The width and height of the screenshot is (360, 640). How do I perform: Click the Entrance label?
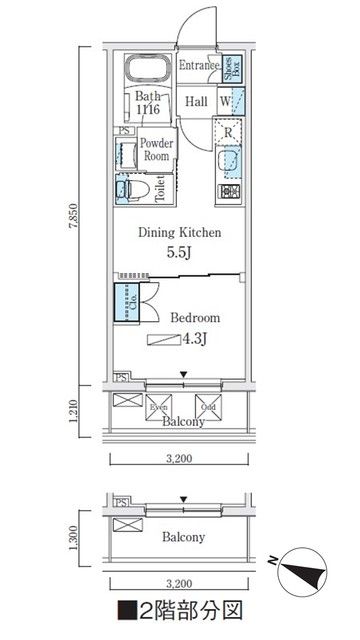coord(198,67)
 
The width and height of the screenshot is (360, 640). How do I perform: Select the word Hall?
coord(195,102)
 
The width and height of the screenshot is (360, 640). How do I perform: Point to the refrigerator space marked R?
coord(229,132)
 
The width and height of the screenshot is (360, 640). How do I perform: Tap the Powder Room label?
coord(157,149)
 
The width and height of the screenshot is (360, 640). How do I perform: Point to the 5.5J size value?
coord(180,252)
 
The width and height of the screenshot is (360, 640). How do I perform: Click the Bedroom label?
coord(194,318)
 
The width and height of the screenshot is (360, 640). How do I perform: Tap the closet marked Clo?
coord(127,301)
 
